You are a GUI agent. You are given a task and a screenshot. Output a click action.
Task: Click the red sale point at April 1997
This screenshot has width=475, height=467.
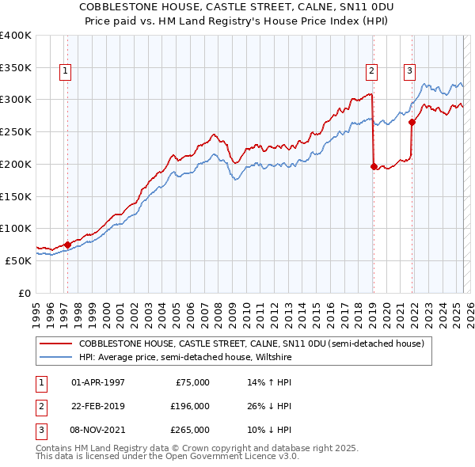(67, 245)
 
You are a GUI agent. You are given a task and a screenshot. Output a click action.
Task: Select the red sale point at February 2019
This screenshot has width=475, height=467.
(374, 166)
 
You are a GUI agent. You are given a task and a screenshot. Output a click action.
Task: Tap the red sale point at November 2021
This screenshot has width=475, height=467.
(412, 122)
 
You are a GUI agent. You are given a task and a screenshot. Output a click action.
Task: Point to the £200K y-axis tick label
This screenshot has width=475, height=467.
(16, 164)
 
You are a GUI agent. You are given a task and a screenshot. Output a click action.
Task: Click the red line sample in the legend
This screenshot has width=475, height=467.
(55, 344)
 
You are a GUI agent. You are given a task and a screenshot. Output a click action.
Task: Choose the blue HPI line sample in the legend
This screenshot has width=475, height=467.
(55, 357)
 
